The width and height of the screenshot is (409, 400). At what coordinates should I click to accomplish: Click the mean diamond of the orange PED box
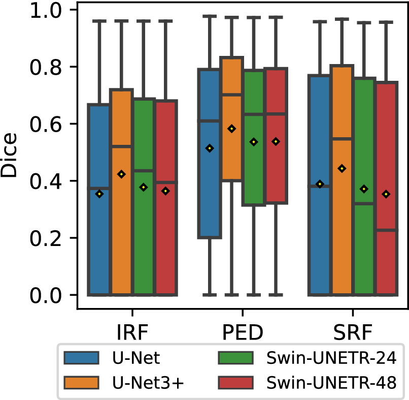(231, 129)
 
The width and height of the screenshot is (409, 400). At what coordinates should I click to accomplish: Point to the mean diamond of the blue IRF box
(99, 194)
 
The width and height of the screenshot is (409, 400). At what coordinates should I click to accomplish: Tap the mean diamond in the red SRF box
(386, 194)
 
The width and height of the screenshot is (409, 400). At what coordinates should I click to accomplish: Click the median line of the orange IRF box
(121, 146)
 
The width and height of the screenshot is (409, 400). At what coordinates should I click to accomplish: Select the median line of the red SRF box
(386, 230)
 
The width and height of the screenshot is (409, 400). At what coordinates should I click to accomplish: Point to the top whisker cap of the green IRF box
(143, 21)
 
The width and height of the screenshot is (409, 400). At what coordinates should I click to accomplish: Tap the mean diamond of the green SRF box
(364, 189)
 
